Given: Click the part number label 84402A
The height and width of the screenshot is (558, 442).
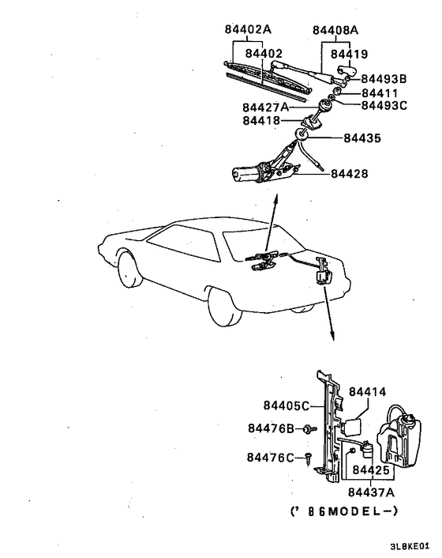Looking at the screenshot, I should coord(248,30).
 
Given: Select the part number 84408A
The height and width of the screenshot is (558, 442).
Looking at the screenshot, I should coord(335,30).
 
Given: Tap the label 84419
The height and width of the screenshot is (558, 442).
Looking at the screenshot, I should coord(348,55).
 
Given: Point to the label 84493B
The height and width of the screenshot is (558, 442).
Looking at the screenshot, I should coord(384,79).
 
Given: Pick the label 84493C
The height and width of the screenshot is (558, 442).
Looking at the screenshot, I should coord(384,105).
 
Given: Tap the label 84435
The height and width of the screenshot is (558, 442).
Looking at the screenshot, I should coord(362,138).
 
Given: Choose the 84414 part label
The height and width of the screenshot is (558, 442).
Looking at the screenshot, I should coord(367,391).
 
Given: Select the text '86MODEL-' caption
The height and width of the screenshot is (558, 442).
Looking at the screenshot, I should coord(344,511).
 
